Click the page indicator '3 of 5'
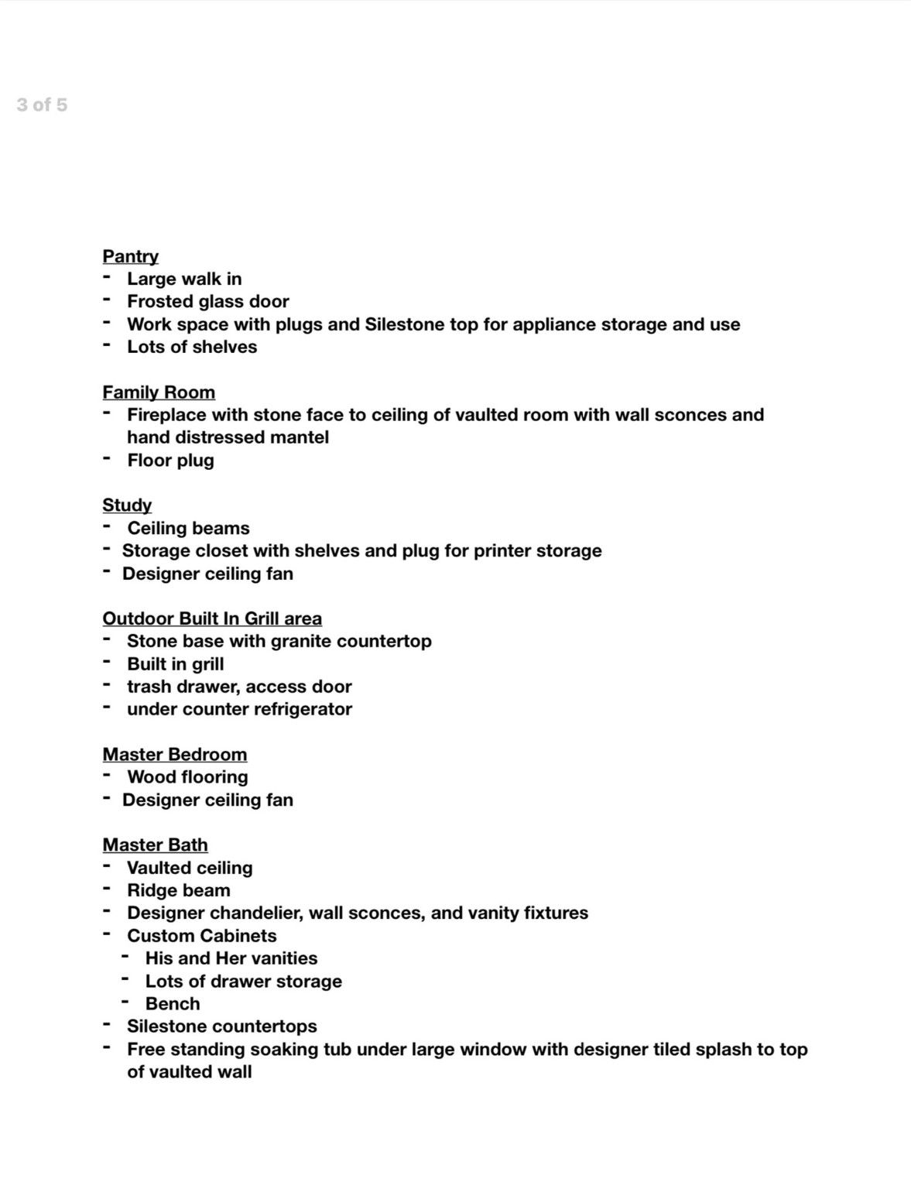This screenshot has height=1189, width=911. click(42, 105)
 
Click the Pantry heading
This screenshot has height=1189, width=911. click(130, 256)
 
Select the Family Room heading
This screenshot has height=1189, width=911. click(159, 392)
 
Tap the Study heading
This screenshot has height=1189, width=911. click(127, 505)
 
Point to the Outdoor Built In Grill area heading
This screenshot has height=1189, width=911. click(212, 618)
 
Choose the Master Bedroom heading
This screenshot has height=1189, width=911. click(175, 755)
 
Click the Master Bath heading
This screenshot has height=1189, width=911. click(155, 845)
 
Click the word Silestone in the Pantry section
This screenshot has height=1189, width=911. click(403, 324)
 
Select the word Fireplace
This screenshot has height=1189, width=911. click(166, 415)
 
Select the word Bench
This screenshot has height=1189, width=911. click(173, 1004)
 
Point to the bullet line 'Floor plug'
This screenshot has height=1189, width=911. click(170, 461)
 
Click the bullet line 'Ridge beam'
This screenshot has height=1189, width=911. click(179, 891)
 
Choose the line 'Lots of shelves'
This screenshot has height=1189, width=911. click(192, 347)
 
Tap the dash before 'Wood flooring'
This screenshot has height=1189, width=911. click(107, 776)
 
